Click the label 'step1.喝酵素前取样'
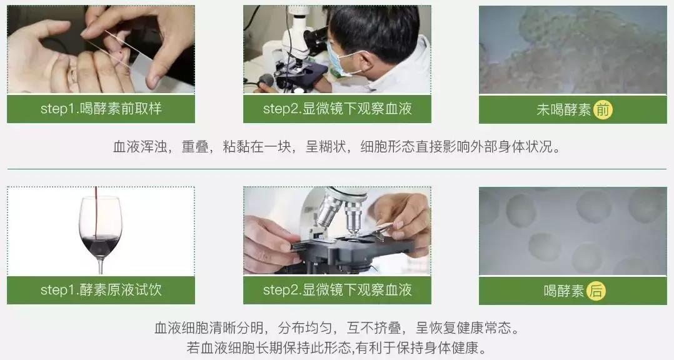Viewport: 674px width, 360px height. pos(101,109)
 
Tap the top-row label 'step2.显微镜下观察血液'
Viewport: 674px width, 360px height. pos(337,109)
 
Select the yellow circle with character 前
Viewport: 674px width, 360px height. pos(603,110)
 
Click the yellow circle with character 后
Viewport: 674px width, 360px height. pos(596,291)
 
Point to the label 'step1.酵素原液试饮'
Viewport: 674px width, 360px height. pos(101,290)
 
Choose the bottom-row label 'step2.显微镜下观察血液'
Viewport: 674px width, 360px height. pos(337,290)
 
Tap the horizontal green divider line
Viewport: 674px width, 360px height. pos(337,169)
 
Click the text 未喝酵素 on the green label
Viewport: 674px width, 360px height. pos(563,110)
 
